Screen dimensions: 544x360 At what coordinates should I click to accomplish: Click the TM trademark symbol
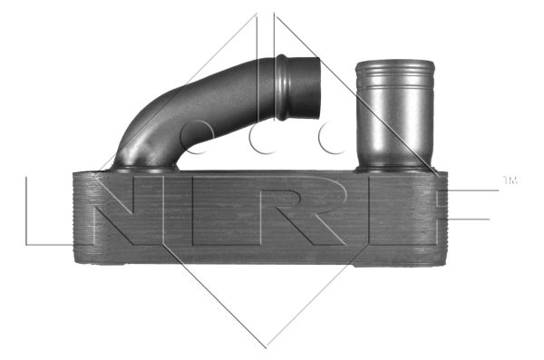pyautogui.click(x=510, y=180)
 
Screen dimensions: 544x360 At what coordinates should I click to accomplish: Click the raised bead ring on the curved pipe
pyautogui.click(x=281, y=87)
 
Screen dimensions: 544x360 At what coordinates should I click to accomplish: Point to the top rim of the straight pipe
pyautogui.click(x=395, y=63)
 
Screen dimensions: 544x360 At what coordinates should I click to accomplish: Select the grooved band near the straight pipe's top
pyautogui.click(x=395, y=77)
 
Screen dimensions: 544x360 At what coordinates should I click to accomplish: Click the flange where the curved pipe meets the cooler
pyautogui.click(x=144, y=169)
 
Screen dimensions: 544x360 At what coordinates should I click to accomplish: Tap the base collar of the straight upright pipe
pyautogui.click(x=393, y=169)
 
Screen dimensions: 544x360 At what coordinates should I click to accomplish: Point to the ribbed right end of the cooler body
pyautogui.click(x=440, y=218)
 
